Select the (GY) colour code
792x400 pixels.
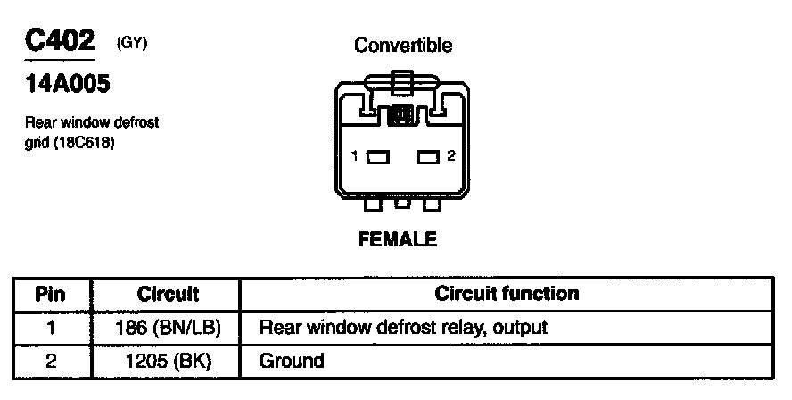click(x=131, y=44)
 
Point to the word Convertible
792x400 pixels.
click(x=403, y=46)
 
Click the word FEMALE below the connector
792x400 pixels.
click(x=397, y=240)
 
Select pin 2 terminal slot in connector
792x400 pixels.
click(x=429, y=157)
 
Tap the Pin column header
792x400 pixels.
click(x=52, y=294)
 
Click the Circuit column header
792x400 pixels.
click(x=168, y=294)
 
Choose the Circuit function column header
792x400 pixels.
click(x=507, y=294)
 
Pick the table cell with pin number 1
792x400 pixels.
click(x=52, y=328)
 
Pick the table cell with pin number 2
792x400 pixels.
click(x=52, y=362)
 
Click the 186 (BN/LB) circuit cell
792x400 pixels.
click(x=168, y=328)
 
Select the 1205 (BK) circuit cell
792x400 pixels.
click(x=168, y=362)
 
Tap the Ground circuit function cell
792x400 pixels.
click(x=292, y=362)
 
